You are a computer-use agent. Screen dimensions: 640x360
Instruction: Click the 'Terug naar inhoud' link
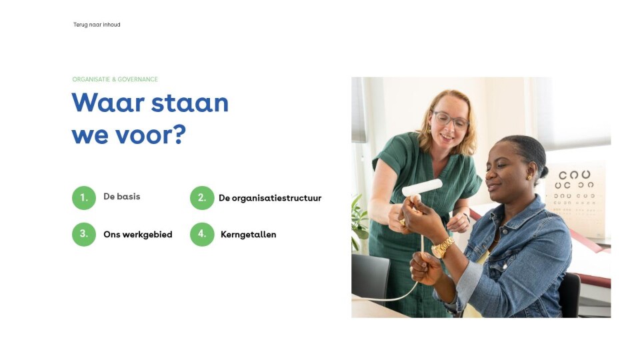[97, 25]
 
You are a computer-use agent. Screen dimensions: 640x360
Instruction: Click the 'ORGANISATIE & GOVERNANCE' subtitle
[115, 79]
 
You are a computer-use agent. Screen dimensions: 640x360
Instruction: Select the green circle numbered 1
[84, 198]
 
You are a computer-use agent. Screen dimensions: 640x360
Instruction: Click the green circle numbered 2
[202, 198]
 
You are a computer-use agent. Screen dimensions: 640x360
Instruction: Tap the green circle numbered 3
[84, 234]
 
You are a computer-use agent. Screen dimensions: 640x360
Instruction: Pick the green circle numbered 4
[202, 234]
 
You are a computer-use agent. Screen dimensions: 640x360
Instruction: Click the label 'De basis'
[121, 197]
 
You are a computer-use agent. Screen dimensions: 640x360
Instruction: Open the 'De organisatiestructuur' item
[270, 199]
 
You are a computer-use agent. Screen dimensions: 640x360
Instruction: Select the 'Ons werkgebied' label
[137, 235]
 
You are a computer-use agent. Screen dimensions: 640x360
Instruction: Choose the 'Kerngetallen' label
[248, 235]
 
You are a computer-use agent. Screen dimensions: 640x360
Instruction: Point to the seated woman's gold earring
[529, 177]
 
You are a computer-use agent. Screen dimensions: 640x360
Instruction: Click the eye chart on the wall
[576, 199]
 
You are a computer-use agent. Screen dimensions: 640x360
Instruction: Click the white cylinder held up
[422, 187]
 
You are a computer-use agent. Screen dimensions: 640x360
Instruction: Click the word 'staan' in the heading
[190, 103]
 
